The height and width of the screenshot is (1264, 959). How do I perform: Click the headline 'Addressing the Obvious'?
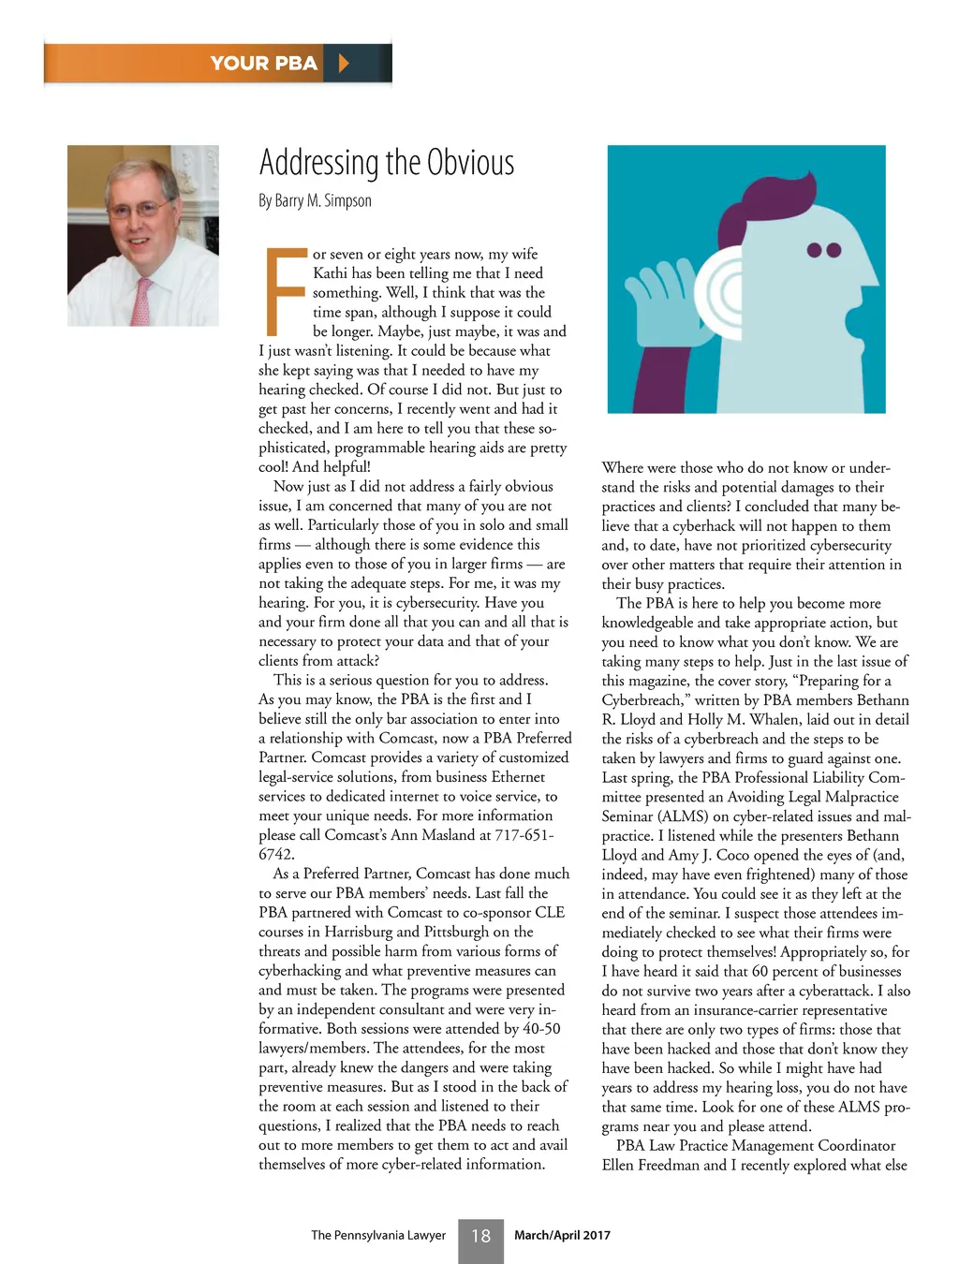tap(386, 163)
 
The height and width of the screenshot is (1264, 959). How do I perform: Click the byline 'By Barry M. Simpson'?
tap(315, 201)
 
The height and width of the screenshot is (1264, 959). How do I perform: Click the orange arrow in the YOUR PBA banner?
tap(344, 64)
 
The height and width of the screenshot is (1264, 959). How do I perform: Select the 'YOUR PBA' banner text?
tap(263, 64)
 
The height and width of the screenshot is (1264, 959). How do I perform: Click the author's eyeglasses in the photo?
tap(140, 208)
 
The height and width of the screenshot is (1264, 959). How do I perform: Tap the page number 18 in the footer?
tap(480, 1236)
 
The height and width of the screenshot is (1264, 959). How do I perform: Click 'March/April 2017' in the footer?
tap(562, 1235)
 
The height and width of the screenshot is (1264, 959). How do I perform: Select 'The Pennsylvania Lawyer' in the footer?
tap(378, 1235)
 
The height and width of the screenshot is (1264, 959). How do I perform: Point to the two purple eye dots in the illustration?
tap(824, 250)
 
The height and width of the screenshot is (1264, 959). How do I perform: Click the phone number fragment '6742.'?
tap(276, 854)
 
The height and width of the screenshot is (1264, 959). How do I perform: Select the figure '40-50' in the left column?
tap(539, 1029)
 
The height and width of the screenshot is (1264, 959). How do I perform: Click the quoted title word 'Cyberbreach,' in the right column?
tap(646, 700)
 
